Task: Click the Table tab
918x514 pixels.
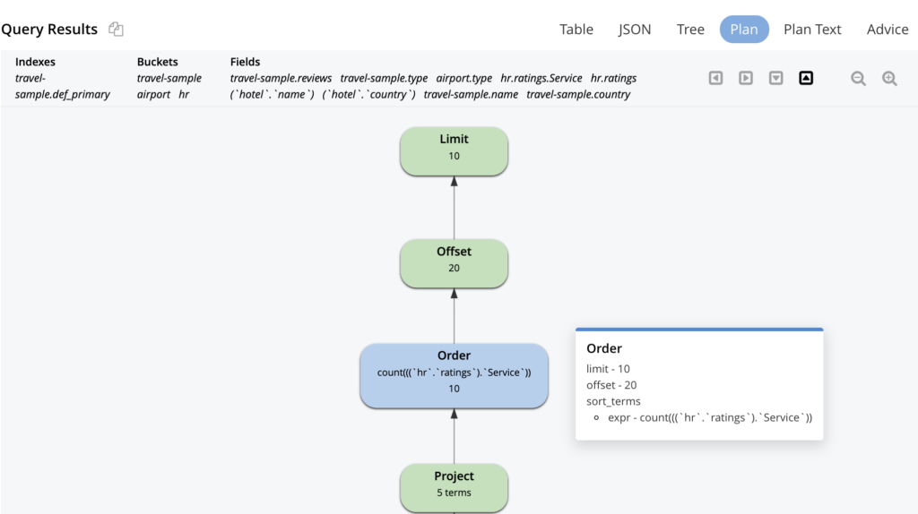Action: (x=576, y=30)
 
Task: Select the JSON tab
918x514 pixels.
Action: (x=635, y=30)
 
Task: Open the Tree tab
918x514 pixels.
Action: (x=690, y=30)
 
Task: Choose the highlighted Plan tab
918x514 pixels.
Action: (x=744, y=30)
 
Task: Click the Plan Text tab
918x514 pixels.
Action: (x=812, y=30)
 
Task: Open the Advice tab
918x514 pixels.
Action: (x=888, y=30)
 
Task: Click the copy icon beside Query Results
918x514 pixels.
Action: (x=116, y=29)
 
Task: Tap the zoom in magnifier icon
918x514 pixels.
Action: (x=889, y=79)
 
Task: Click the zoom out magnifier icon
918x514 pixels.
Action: (x=858, y=79)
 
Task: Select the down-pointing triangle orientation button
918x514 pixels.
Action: (x=776, y=78)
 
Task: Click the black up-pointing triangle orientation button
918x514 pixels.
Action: (x=806, y=78)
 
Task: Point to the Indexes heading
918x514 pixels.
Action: (x=35, y=62)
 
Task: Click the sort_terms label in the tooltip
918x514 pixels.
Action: (x=613, y=401)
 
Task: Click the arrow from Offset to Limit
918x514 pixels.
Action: (x=454, y=208)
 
